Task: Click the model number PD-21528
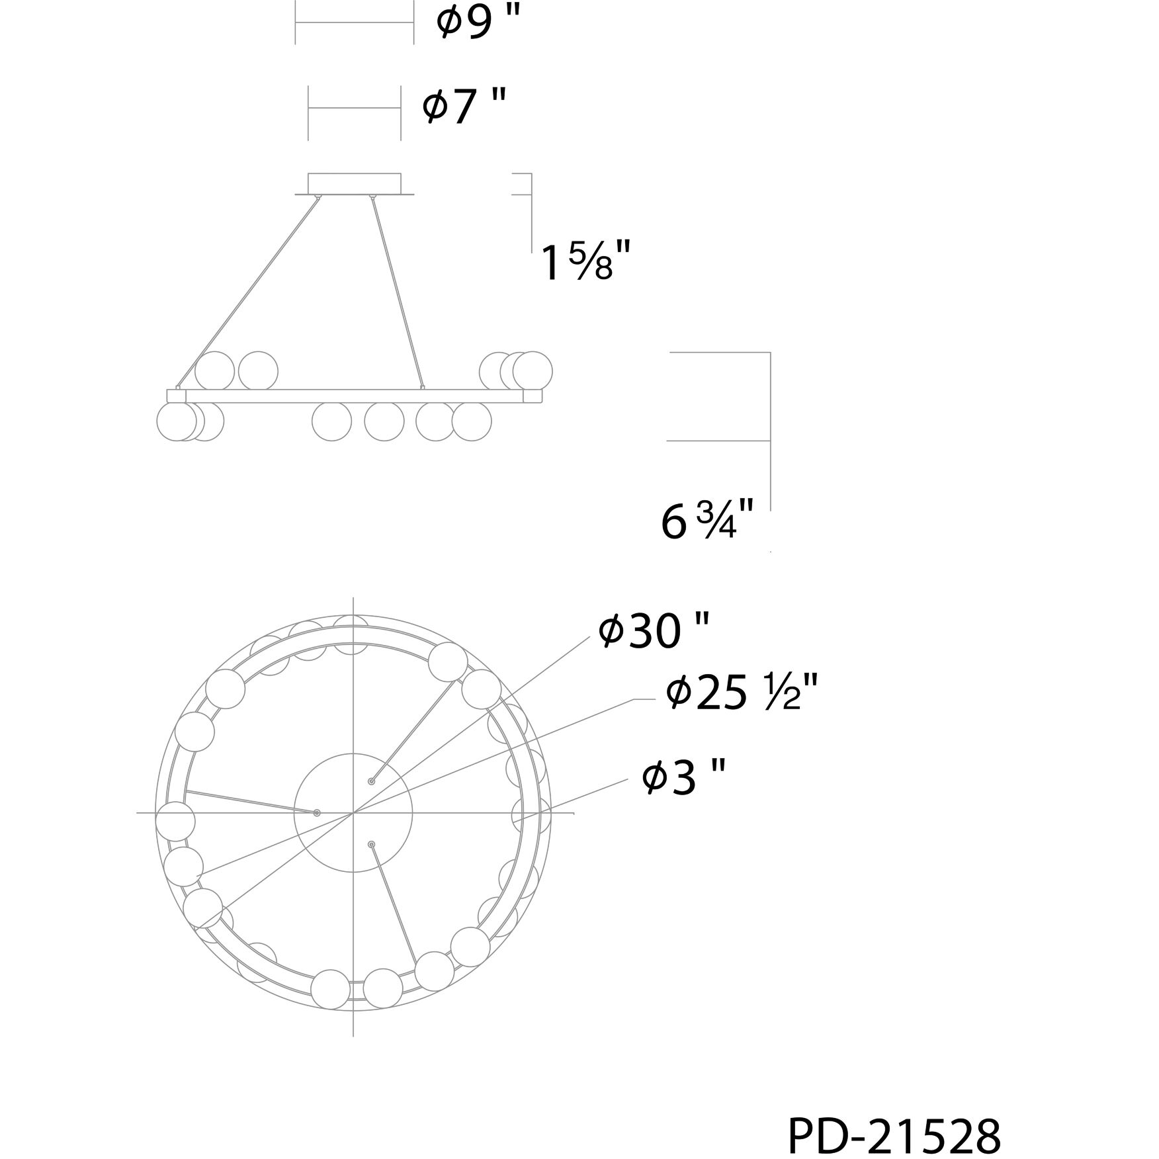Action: tap(894, 1118)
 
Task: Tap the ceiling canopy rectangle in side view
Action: tap(355, 183)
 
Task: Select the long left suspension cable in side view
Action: tap(248, 290)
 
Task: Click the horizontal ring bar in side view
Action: tap(355, 396)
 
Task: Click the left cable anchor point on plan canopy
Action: tap(317, 812)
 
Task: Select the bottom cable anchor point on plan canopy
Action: tap(371, 844)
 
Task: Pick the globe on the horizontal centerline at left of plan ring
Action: tap(175, 820)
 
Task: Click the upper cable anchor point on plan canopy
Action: tap(371, 781)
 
